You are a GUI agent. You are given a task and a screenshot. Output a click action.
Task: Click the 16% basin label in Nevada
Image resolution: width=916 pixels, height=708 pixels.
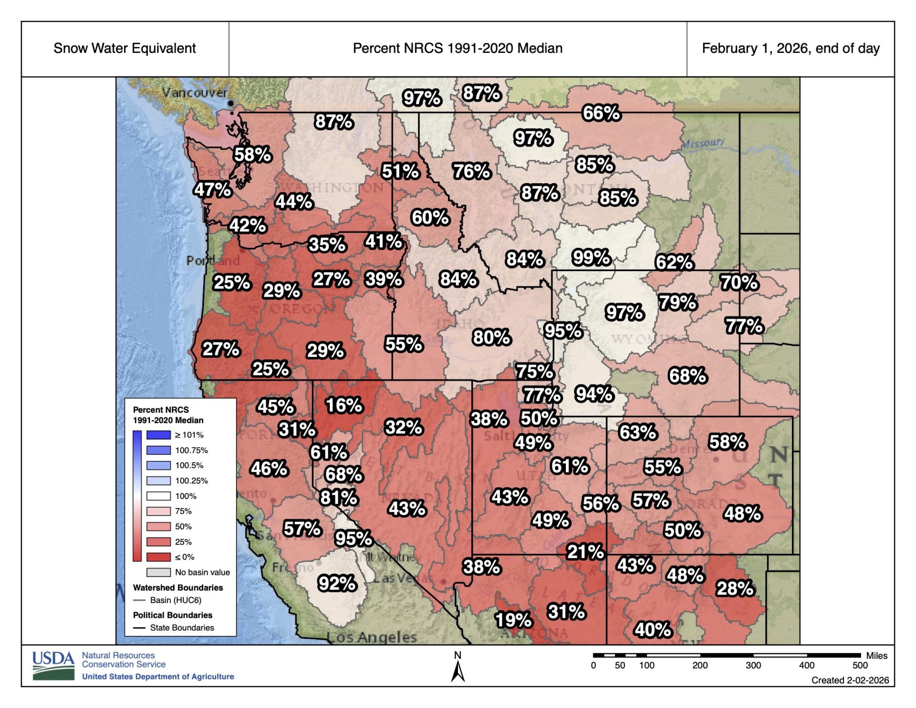[x=344, y=405]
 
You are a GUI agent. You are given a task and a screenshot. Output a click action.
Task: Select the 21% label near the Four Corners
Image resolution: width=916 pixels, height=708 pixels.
[x=585, y=552]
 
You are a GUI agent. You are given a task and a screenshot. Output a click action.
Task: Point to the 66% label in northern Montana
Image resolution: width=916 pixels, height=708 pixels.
[x=601, y=113]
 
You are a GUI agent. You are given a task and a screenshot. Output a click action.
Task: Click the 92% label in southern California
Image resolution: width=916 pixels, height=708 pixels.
[x=337, y=583]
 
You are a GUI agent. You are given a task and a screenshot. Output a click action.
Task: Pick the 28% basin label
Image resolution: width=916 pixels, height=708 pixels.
[x=735, y=588]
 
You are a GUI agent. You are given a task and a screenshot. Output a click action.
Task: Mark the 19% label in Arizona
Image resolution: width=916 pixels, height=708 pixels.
[x=513, y=620]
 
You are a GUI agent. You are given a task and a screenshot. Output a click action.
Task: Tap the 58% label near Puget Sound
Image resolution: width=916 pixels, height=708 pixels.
[x=252, y=155]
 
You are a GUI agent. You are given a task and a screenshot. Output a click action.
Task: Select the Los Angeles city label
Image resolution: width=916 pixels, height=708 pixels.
[x=372, y=637]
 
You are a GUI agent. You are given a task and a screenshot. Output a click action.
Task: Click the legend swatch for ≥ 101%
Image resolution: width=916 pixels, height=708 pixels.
[x=158, y=435]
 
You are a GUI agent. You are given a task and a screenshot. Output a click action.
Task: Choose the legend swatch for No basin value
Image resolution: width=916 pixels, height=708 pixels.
[x=158, y=572]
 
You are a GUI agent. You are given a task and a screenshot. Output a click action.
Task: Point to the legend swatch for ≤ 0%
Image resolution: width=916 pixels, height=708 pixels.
[x=158, y=557]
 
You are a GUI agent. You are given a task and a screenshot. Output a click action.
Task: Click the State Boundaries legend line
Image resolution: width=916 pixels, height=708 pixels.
[x=139, y=628]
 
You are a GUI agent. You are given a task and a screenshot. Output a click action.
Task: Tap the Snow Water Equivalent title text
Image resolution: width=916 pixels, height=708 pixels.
[x=125, y=48]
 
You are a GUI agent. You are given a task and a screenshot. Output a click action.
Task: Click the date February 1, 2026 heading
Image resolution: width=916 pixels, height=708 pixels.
[x=791, y=48]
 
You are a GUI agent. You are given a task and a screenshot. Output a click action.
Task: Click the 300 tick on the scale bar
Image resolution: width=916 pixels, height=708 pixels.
[x=753, y=665]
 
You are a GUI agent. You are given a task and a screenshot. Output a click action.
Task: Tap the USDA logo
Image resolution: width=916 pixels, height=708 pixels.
[x=53, y=665]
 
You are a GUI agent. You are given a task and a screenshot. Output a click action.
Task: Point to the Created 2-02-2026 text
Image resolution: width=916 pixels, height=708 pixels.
[x=850, y=680]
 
